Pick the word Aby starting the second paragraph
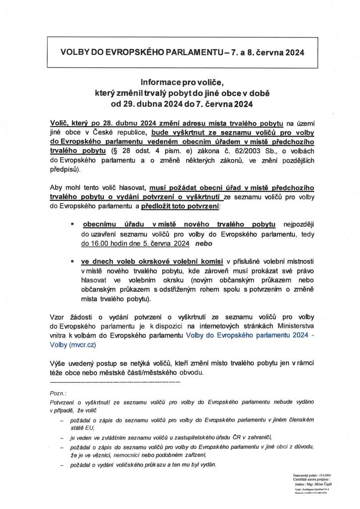pos(57,188)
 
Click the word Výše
pos(58,363)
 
